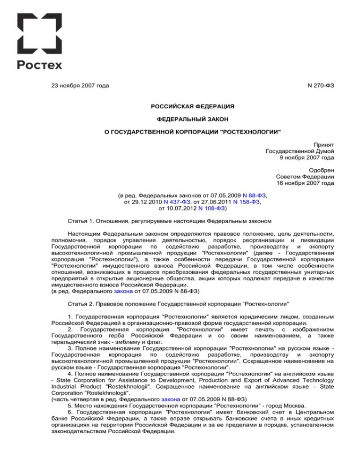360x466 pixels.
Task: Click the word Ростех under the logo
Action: point(40,65)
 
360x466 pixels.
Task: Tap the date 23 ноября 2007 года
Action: point(80,85)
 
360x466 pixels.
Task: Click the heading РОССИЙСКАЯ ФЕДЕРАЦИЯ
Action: point(192,107)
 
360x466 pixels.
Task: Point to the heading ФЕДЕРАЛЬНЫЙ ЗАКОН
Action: point(192,120)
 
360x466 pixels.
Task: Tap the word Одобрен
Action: point(322,170)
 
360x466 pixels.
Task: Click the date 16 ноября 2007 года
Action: point(305,183)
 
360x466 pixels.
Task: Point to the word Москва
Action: point(293,404)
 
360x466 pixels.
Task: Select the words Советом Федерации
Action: point(305,176)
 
